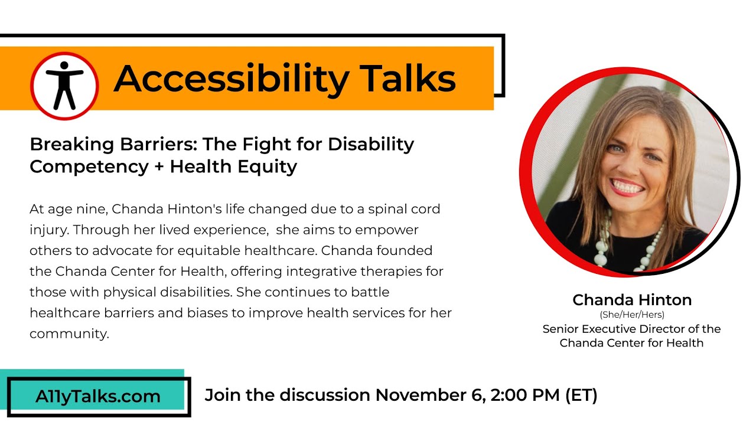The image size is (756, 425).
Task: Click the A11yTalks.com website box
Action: [97, 396]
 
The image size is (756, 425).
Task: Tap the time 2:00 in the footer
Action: [513, 395]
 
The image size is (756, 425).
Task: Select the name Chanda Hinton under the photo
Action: [631, 300]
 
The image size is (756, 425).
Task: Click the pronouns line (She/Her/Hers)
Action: [631, 315]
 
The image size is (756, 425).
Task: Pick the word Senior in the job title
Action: [562, 329]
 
